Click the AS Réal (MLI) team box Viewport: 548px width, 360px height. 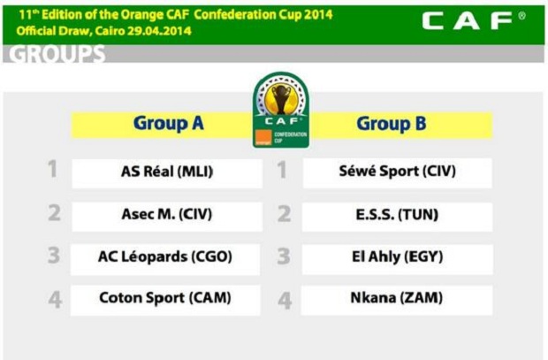167,173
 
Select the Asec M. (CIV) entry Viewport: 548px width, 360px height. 167,217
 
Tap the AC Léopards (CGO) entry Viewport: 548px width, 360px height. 165,259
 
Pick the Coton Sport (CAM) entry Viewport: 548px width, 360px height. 165,301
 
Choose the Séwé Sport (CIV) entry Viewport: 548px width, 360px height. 398,173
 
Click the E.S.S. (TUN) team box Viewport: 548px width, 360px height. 398,217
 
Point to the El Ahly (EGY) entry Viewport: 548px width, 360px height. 398,259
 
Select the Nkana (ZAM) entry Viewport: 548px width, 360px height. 397,301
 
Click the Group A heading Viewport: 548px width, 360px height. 169,124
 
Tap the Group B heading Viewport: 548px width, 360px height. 392,124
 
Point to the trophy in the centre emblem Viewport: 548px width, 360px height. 281,99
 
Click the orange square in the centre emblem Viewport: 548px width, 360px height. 264,137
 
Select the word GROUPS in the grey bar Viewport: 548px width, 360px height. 57,54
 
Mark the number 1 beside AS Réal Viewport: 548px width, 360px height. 52,169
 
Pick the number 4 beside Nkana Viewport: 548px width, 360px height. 285,301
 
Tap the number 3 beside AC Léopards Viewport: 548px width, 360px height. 54,256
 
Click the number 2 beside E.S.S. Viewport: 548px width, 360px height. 284,214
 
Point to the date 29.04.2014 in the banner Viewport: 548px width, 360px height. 159,31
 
